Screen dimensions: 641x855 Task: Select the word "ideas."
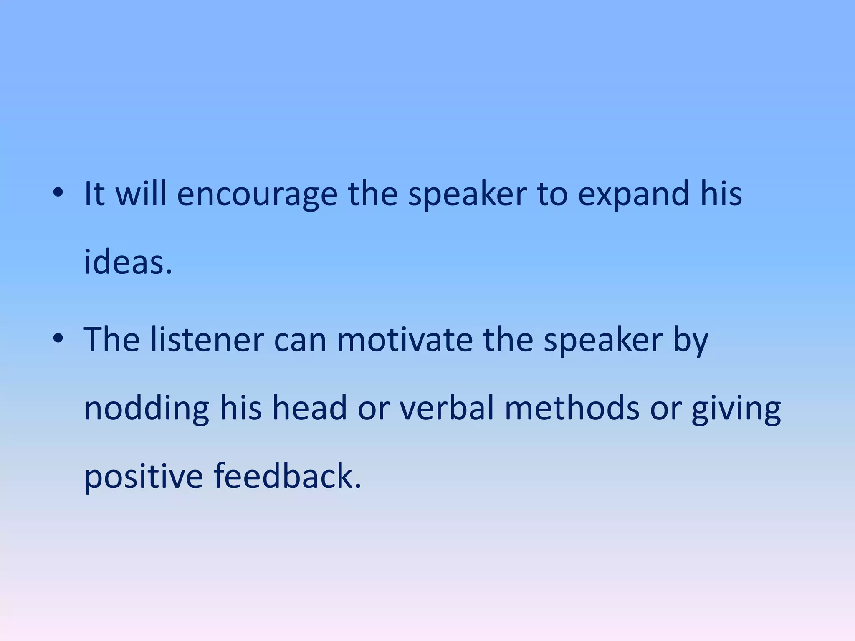[128, 263]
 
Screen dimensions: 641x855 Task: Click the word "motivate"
[405, 340]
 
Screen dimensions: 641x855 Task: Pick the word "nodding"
[147, 409]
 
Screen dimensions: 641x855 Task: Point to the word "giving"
[736, 409]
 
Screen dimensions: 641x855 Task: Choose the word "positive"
[143, 477]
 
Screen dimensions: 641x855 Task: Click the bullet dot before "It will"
[58, 193]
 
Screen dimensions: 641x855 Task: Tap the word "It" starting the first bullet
[94, 194]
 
